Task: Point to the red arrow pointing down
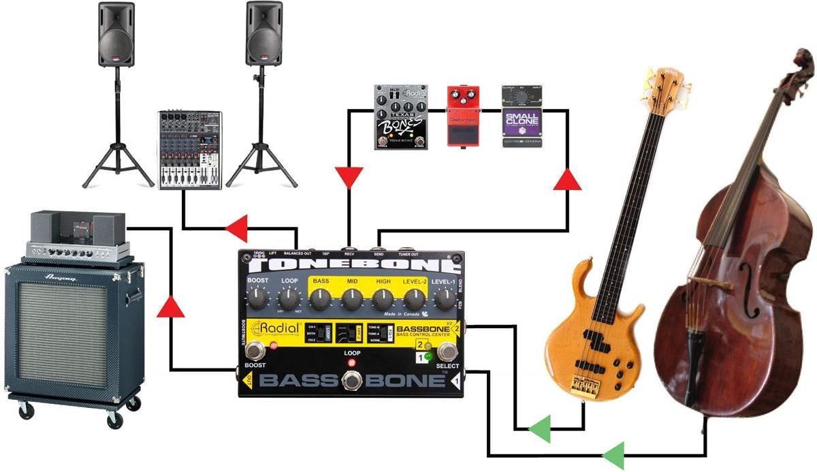click(x=349, y=179)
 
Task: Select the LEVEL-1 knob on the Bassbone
click(x=444, y=298)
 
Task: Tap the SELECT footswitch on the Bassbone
click(x=447, y=352)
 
